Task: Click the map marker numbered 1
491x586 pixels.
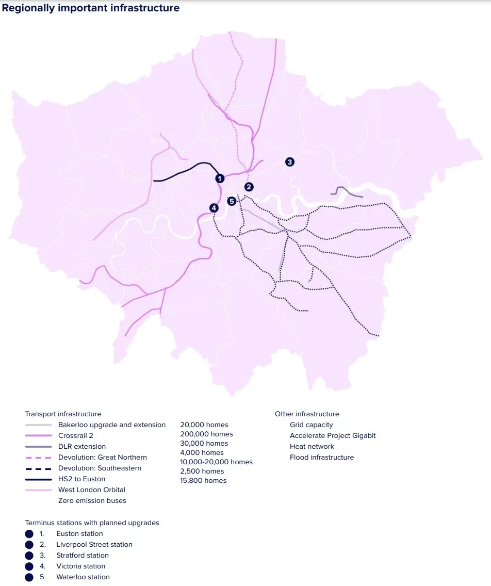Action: point(220,178)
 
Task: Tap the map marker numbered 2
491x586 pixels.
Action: point(249,187)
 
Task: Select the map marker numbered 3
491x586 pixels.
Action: point(290,162)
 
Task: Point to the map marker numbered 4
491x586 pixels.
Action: point(214,208)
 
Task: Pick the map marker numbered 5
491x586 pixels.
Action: point(232,201)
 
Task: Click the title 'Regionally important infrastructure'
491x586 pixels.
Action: point(91,8)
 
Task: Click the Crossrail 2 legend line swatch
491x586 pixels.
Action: point(38,436)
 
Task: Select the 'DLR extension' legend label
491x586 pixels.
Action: point(82,447)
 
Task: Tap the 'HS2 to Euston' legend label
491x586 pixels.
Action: point(81,479)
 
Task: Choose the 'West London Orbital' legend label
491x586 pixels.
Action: point(92,490)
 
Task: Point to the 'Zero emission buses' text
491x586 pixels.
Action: point(92,501)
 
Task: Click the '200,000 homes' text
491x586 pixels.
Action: point(206,434)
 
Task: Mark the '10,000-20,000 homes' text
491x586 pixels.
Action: point(216,462)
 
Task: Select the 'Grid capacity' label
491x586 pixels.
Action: point(311,425)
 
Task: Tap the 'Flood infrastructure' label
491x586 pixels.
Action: point(322,458)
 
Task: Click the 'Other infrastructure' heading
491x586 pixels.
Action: point(307,414)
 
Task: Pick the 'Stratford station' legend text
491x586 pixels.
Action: point(83,556)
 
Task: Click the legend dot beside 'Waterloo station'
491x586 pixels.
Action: point(29,577)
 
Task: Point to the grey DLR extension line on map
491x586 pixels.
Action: point(351,194)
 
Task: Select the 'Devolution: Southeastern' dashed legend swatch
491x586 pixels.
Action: point(38,468)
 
